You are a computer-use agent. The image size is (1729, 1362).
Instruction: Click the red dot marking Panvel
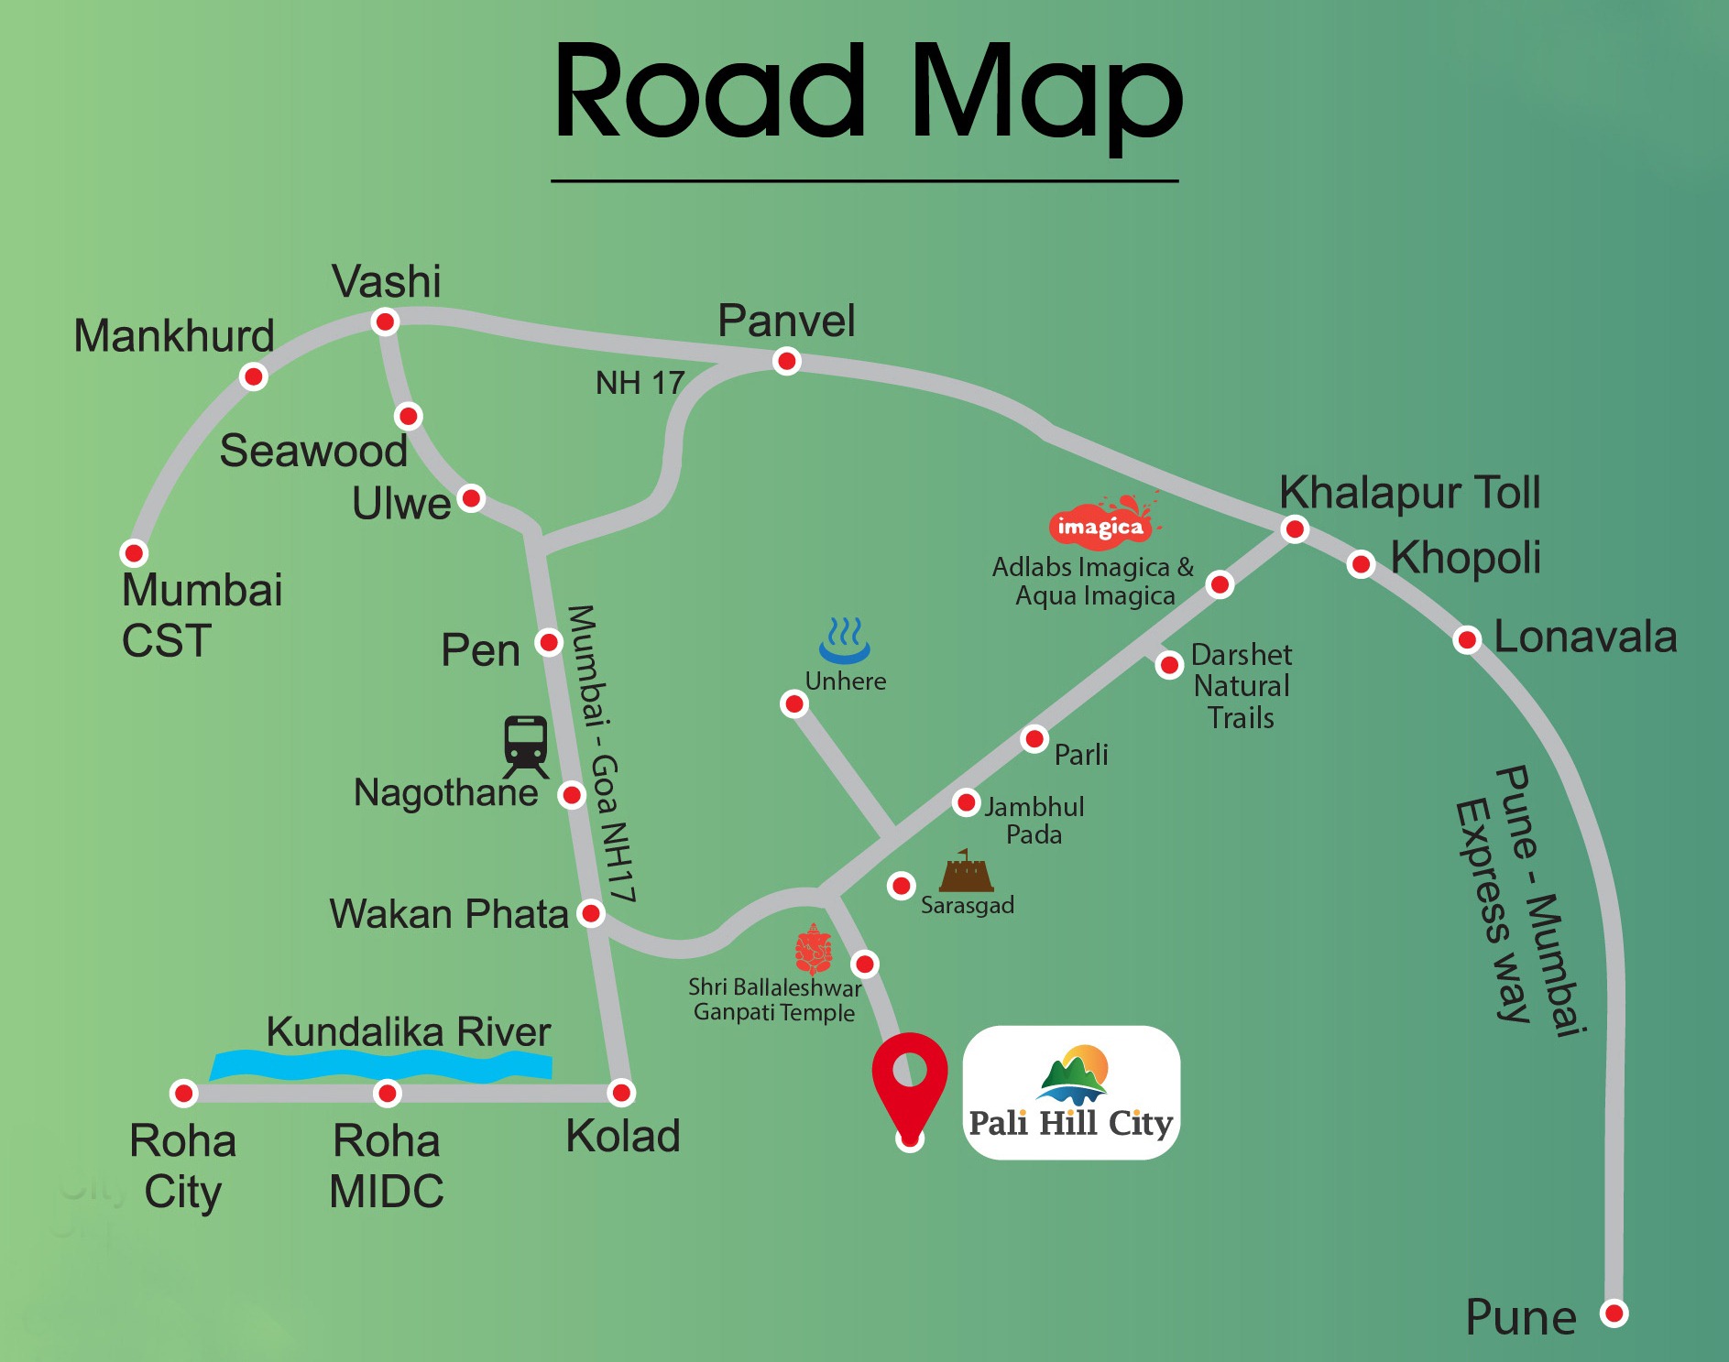(786, 362)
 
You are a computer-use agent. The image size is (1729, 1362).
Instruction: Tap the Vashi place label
(386, 282)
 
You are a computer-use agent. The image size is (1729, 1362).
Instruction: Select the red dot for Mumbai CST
(134, 553)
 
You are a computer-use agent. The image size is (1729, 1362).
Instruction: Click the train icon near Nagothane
(525, 746)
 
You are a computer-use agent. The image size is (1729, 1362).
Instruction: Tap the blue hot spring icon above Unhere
(844, 639)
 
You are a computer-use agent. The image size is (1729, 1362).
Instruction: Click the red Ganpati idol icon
(813, 949)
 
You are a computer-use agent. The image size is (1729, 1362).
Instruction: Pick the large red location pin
(909, 1081)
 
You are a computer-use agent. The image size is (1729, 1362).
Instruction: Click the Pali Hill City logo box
(1071, 1092)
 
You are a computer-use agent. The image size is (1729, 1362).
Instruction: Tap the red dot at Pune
(1614, 1313)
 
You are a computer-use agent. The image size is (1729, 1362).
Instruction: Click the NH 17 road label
(640, 383)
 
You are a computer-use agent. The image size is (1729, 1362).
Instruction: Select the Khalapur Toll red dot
(1295, 529)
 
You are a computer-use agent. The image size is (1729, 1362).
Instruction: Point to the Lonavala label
(1585, 637)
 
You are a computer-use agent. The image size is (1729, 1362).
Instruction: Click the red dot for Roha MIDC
(388, 1093)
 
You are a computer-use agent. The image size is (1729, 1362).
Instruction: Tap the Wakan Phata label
(449, 914)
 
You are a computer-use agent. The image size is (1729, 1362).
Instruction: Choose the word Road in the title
(710, 92)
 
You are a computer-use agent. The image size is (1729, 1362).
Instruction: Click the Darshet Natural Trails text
(1241, 686)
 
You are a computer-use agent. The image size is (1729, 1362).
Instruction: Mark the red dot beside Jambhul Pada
(966, 803)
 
